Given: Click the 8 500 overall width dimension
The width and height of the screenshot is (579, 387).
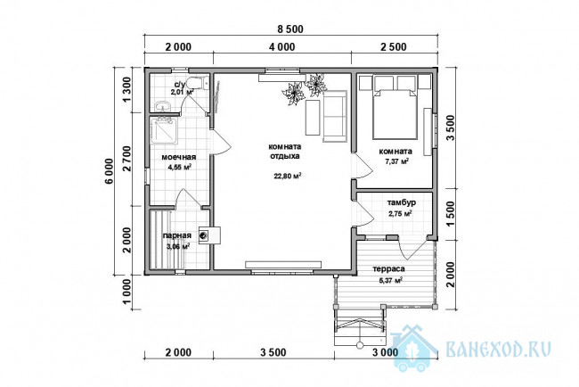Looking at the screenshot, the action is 290,29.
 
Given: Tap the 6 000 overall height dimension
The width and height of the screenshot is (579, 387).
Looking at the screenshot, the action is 109,171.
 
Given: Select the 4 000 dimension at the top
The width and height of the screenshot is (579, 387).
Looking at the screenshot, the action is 282,47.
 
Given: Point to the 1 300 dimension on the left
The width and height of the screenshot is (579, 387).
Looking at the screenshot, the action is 126,90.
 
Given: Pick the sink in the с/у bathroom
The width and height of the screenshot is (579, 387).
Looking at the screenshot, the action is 163,106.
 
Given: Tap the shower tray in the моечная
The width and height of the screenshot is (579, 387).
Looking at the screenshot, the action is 166,131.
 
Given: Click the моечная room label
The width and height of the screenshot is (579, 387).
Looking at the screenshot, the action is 179,157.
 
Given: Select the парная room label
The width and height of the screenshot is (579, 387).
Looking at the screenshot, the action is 177,235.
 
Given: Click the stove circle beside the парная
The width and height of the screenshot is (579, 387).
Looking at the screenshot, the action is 203,235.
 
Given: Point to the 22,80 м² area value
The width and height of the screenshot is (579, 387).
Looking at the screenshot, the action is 288,176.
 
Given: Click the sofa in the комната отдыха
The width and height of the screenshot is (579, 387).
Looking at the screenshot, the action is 335,117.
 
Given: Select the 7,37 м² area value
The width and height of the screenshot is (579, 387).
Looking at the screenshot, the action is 396,161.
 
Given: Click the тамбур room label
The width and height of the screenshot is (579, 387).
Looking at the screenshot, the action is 402,202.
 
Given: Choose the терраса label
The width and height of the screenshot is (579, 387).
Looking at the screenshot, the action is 389,269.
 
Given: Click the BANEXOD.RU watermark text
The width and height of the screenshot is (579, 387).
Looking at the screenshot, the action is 499,348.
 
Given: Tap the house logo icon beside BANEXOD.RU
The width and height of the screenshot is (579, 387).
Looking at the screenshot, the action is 413,348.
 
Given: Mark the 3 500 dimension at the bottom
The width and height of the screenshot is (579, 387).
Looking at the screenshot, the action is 273,352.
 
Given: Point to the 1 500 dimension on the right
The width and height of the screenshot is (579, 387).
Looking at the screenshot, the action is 451,214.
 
